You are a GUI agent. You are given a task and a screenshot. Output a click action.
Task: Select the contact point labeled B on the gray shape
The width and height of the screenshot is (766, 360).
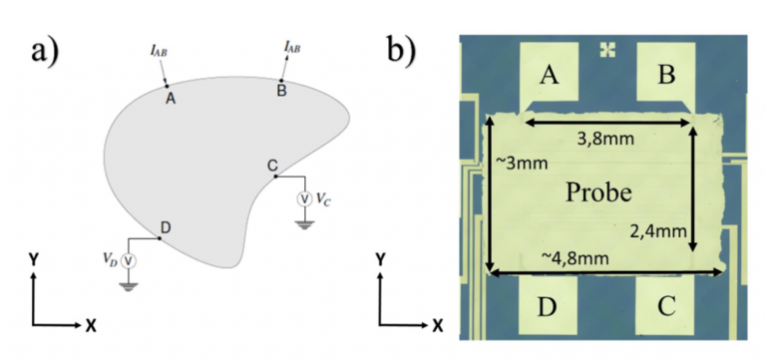click(x=282, y=80)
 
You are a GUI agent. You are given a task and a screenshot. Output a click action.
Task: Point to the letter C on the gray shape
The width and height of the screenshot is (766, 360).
click(x=272, y=165)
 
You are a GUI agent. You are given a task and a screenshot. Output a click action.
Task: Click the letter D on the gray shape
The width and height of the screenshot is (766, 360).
click(x=165, y=226)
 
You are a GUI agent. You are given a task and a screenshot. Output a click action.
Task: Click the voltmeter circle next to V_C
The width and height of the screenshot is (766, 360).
click(x=306, y=198)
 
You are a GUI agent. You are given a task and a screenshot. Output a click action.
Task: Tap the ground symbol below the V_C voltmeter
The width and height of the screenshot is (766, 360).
click(x=306, y=222)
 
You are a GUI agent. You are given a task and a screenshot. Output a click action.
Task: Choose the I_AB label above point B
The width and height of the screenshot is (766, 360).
click(x=293, y=45)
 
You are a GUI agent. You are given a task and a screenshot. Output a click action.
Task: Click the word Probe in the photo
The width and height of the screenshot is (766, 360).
click(x=595, y=190)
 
